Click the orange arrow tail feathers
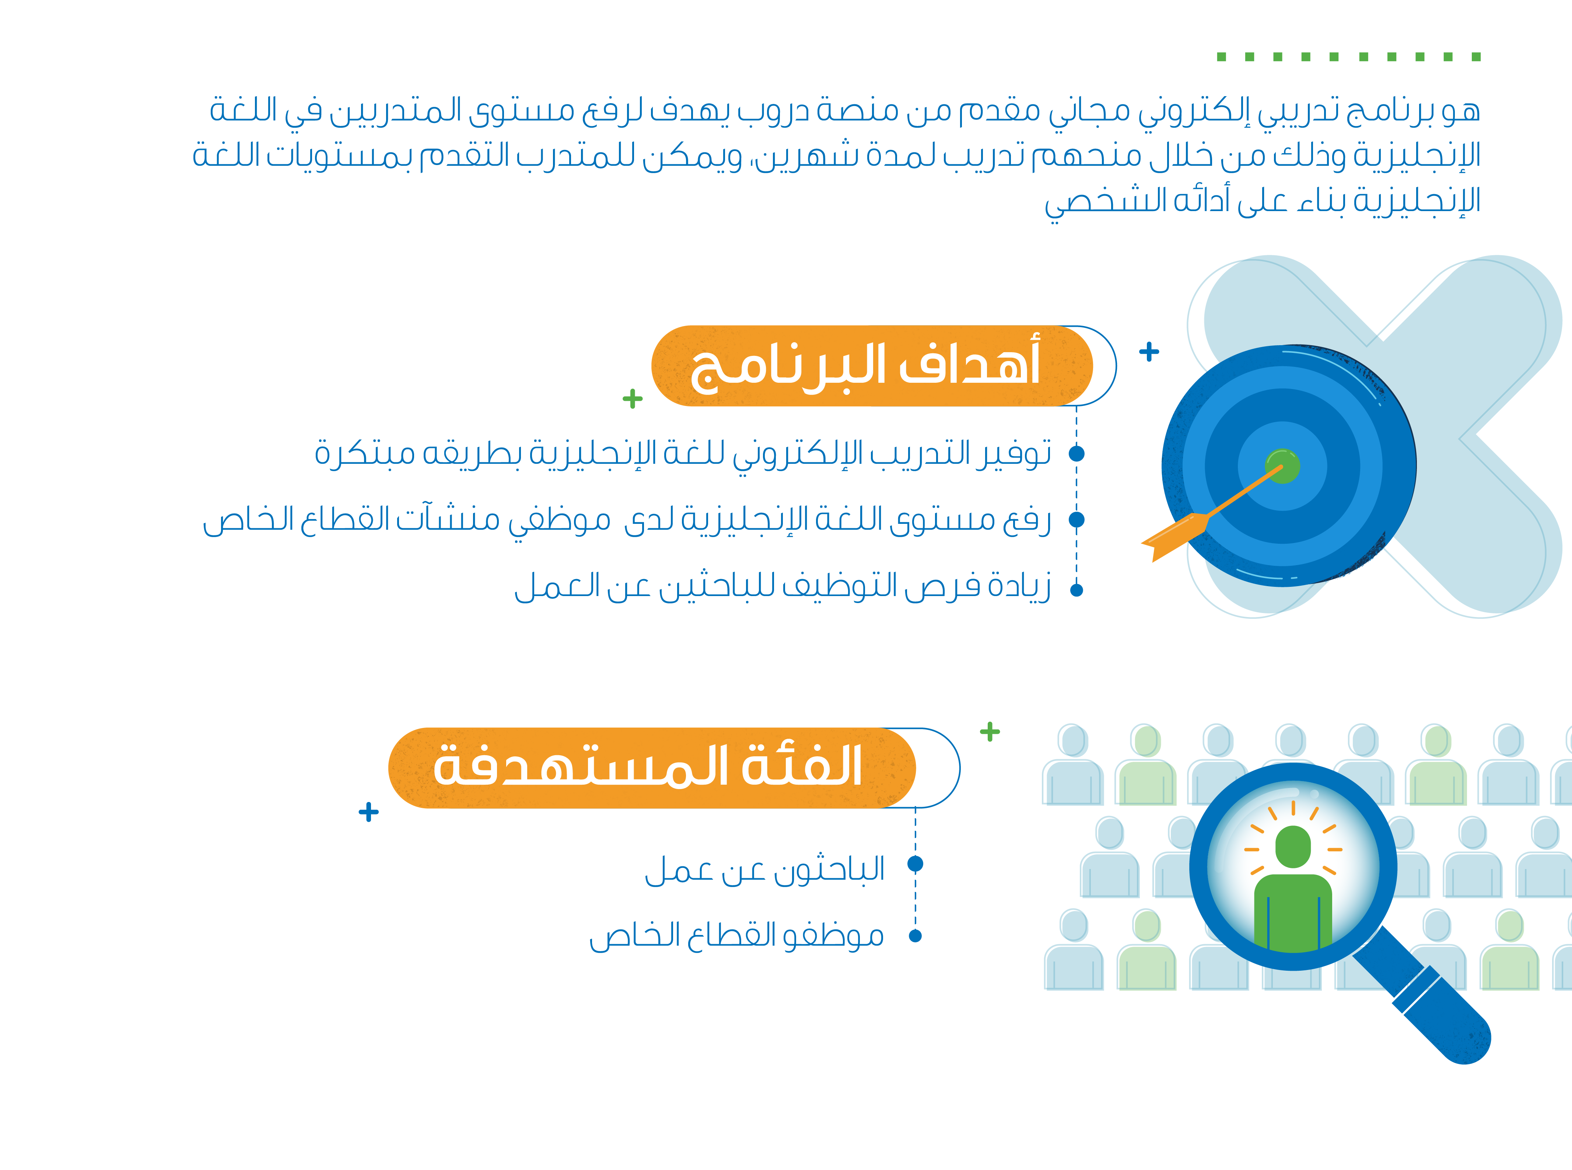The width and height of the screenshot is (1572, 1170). click(1172, 536)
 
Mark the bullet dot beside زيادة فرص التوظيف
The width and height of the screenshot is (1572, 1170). click(1076, 590)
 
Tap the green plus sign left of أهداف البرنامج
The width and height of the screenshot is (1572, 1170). click(632, 399)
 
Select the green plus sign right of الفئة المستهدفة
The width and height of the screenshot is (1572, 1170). click(990, 731)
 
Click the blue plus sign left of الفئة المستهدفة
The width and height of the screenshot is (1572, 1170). click(368, 812)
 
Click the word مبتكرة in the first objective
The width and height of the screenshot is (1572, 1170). click(365, 452)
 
